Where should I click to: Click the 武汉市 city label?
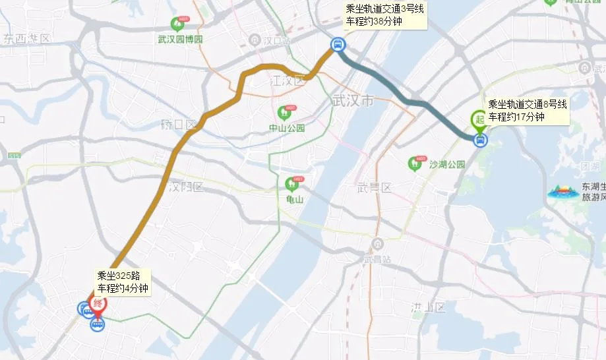coord(353,101)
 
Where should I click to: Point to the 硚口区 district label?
coord(179,124)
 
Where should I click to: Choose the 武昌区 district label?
coord(375,188)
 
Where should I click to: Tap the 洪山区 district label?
coord(428,307)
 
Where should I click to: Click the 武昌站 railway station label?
coord(377,259)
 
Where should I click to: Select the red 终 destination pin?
coord(97,304)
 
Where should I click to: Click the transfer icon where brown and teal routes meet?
coord(336,45)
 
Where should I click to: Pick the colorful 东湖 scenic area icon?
coord(562,193)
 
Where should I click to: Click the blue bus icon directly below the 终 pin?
coord(97,325)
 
